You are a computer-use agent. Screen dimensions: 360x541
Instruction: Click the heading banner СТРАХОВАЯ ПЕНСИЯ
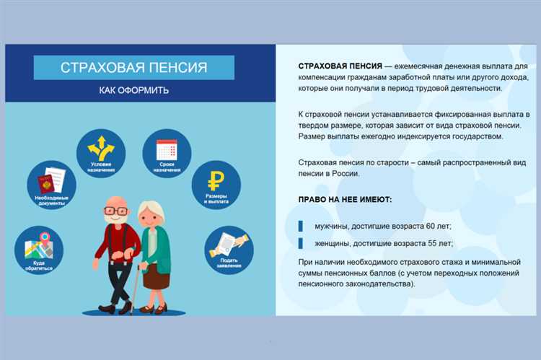pos(134,68)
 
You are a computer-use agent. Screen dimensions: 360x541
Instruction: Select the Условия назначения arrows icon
pos(101,148)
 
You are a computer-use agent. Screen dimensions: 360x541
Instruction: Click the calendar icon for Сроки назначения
pos(167,149)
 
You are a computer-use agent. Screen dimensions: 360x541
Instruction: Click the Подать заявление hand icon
pos(228,243)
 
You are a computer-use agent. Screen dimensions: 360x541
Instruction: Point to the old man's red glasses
pos(115,211)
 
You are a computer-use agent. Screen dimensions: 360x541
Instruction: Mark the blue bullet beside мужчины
pos(301,225)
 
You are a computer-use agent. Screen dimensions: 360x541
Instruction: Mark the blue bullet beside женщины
pos(301,243)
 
